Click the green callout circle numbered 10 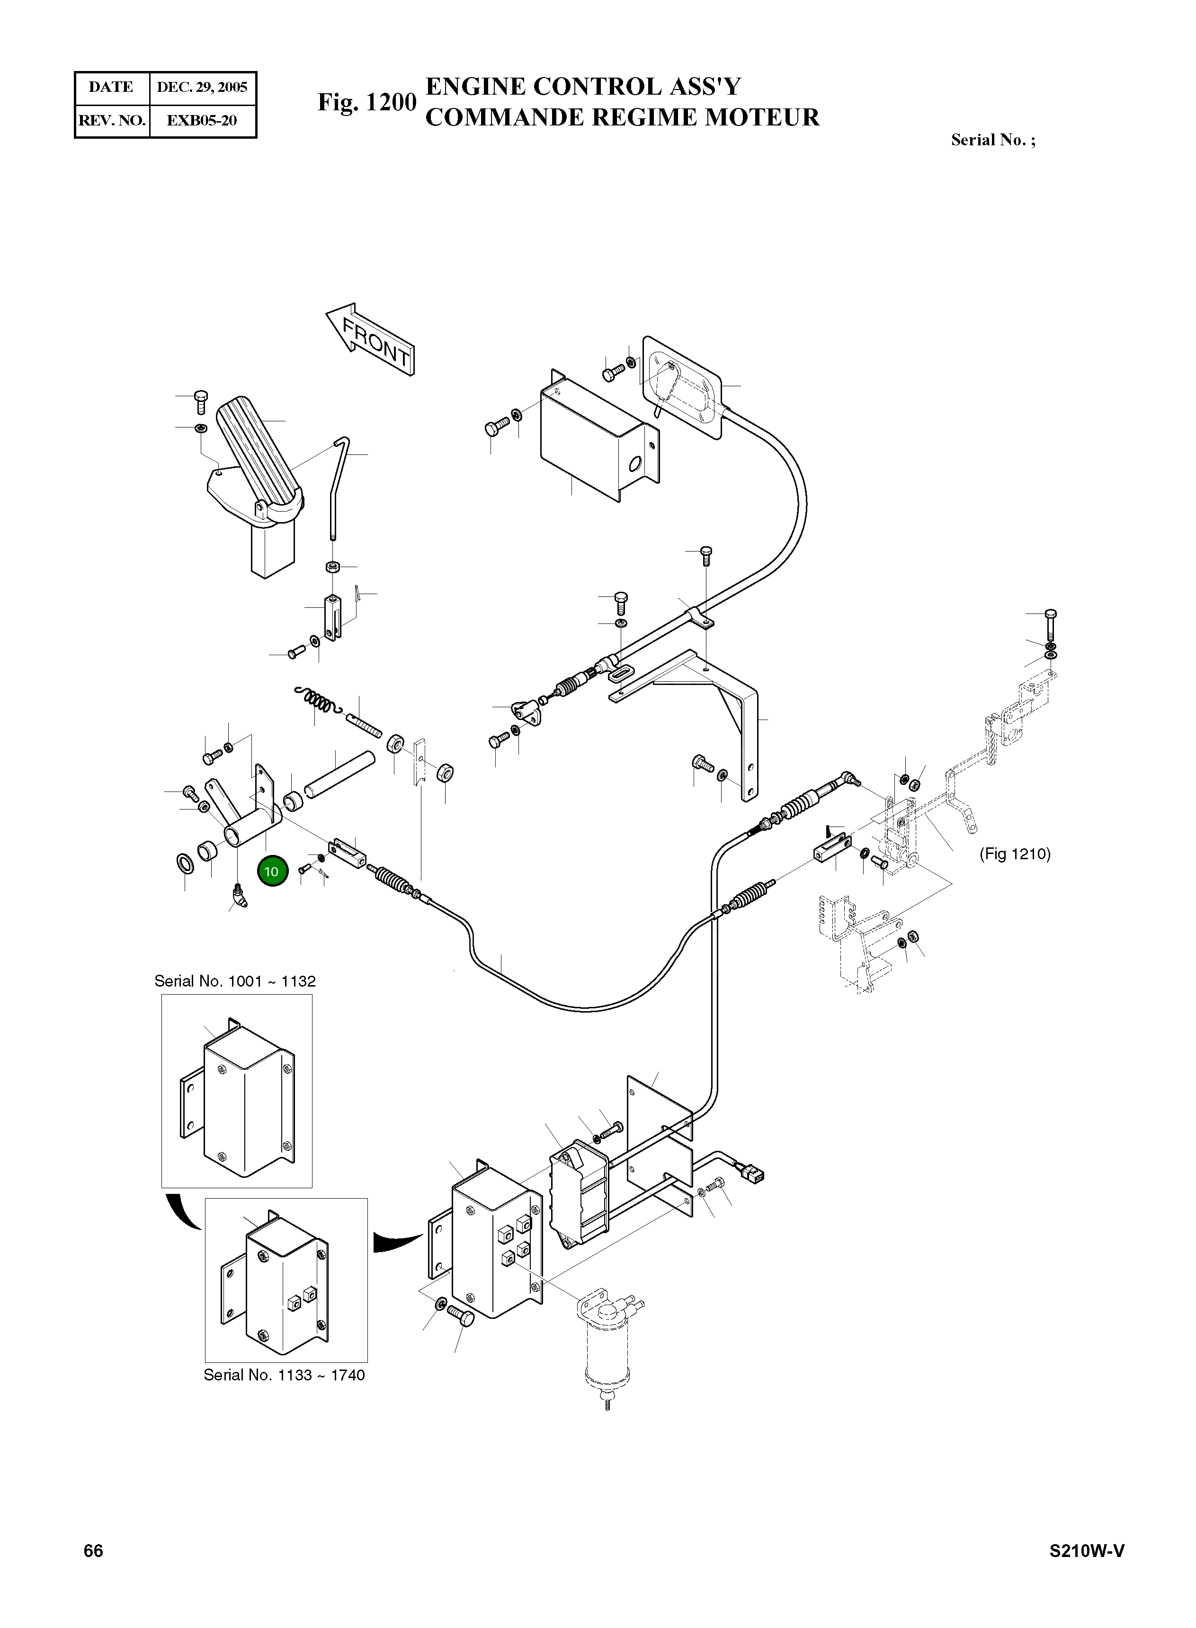(x=271, y=872)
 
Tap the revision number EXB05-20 (x=202, y=120)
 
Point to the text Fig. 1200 (x=367, y=103)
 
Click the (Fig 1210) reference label (x=1014, y=854)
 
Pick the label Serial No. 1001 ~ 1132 (x=234, y=981)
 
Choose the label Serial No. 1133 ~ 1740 (x=284, y=1375)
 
